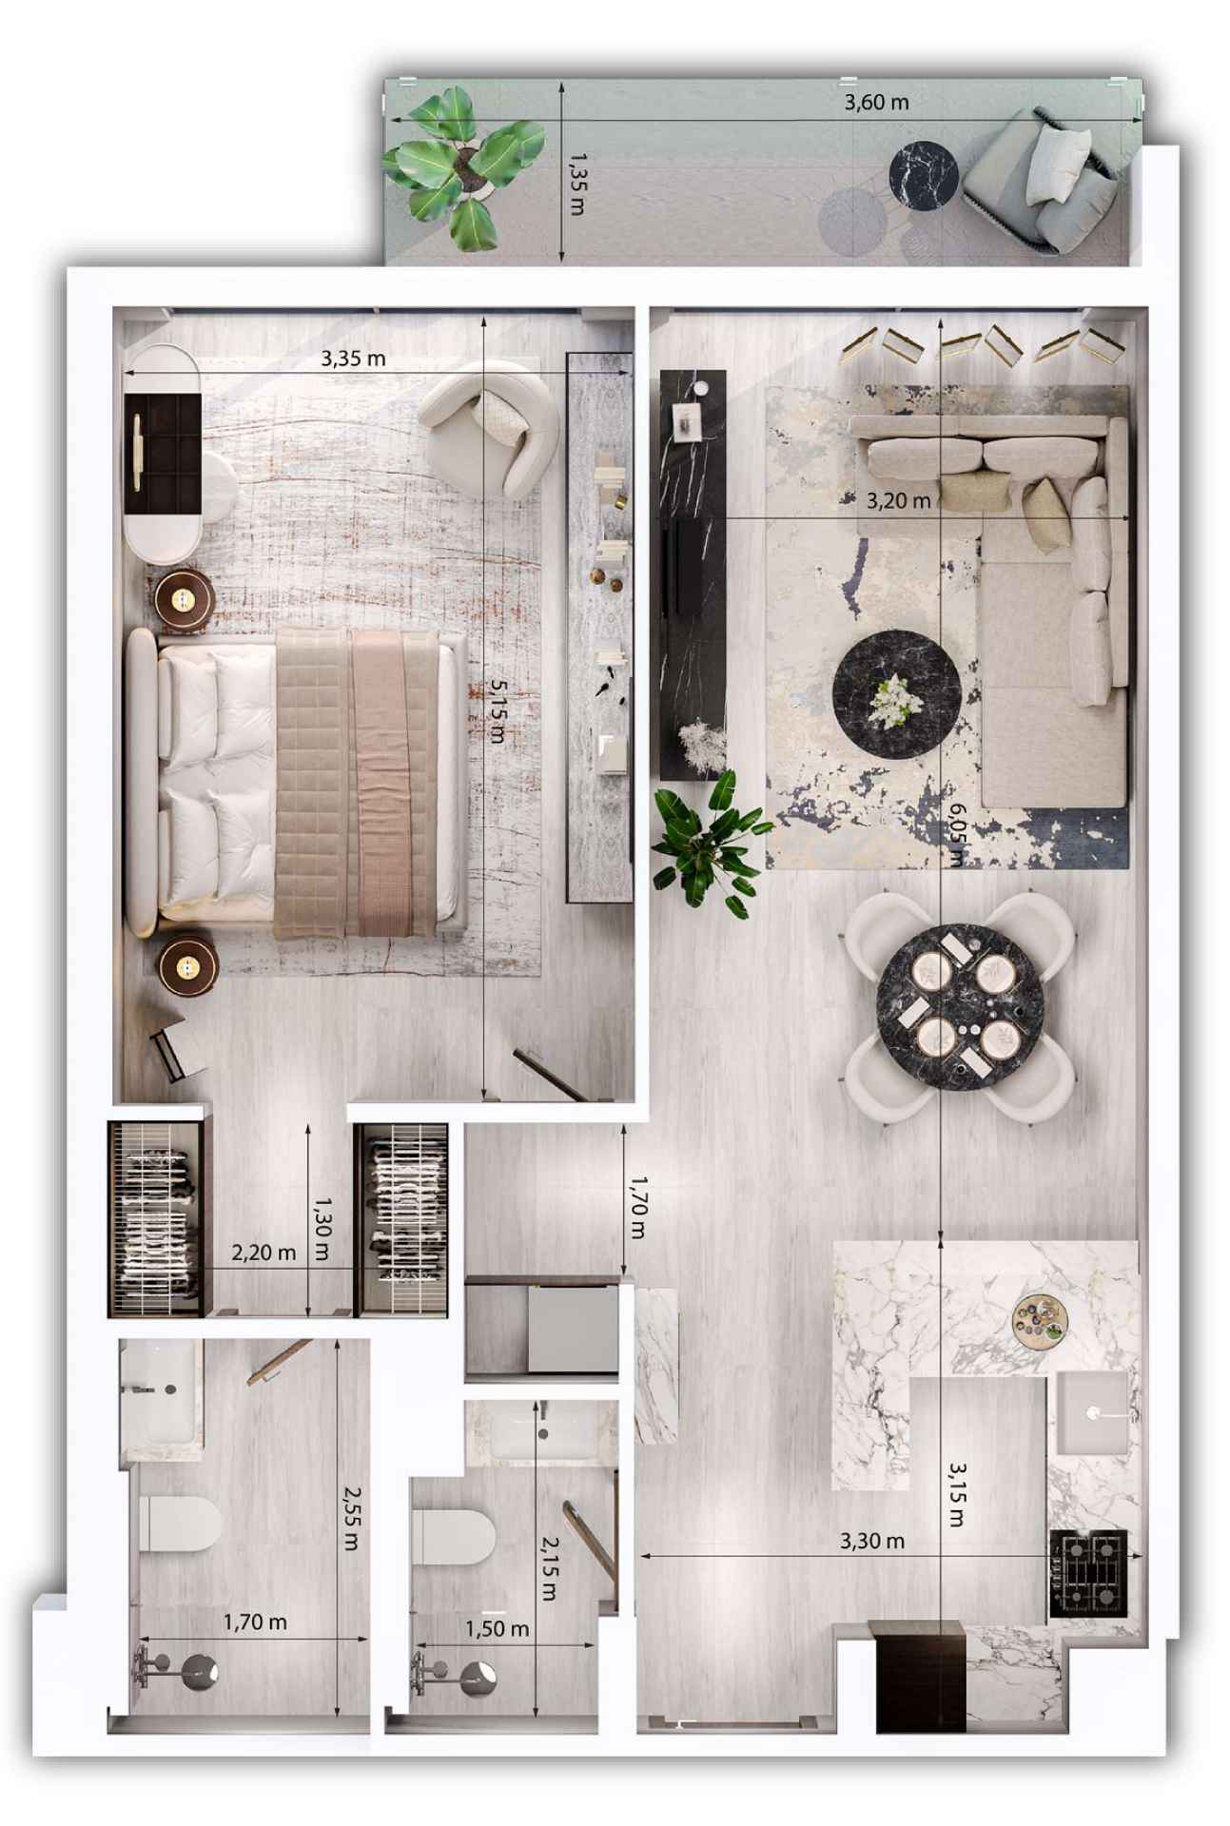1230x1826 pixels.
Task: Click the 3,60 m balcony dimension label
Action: click(x=875, y=102)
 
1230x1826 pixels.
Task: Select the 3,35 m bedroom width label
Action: click(x=353, y=359)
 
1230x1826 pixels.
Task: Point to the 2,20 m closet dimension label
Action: click(x=264, y=1253)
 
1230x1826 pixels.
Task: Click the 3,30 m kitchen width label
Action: click(x=871, y=1540)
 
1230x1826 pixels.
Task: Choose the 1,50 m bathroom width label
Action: click(x=497, y=1628)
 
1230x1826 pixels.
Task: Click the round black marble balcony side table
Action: click(x=923, y=173)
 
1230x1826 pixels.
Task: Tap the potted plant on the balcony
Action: click(x=463, y=166)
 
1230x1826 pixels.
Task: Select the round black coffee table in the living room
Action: click(x=896, y=694)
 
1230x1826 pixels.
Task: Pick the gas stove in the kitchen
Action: click(x=1088, y=1572)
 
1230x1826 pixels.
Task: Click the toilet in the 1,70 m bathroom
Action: click(x=179, y=1523)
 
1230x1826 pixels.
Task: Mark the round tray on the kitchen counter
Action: click(x=1040, y=1320)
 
